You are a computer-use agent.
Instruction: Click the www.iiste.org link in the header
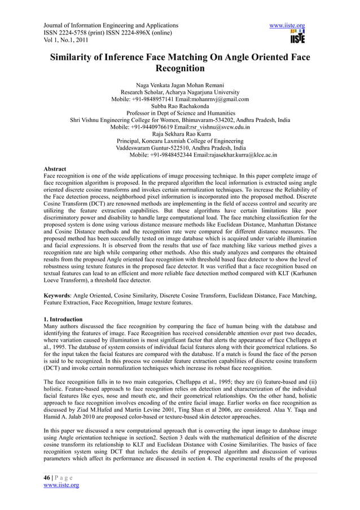pyautogui.click(x=288, y=26)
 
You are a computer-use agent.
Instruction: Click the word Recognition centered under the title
pyautogui.click(x=179, y=69)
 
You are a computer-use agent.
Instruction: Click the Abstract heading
pyautogui.click(x=55, y=169)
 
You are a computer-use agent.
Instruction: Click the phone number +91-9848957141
pyautogui.click(x=157, y=99)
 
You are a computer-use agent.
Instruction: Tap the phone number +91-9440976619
pyautogui.click(x=159, y=127)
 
